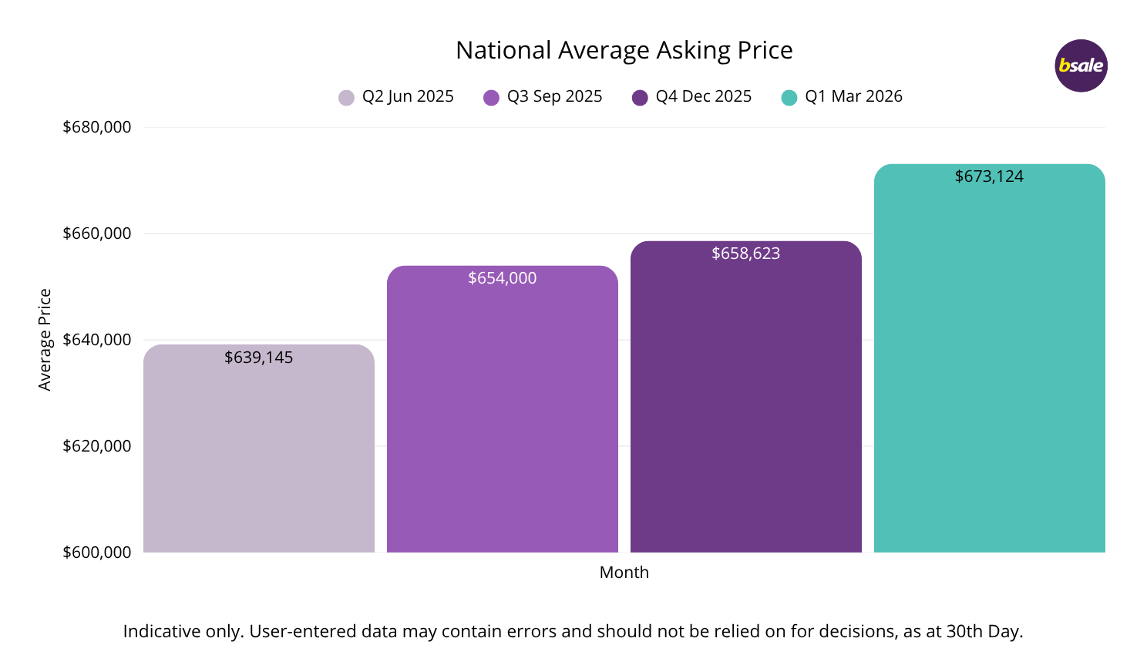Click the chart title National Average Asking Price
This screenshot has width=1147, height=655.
pos(624,50)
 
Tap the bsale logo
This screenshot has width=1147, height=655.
pos(1081,65)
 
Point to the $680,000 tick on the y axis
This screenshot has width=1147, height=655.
pos(97,127)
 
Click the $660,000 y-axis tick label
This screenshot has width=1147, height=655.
pos(97,233)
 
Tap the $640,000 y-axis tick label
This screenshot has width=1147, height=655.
pos(97,340)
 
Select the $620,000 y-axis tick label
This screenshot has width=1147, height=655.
pos(97,446)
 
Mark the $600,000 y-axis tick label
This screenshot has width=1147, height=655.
pos(97,553)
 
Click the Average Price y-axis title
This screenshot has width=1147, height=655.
pos(45,340)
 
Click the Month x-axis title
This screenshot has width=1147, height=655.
pos(624,573)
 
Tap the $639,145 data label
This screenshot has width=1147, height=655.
pos(258,358)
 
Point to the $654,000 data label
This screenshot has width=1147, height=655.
pos(502,278)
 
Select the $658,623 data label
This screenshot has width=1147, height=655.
pos(745,254)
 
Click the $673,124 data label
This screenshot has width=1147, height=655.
pos(989,176)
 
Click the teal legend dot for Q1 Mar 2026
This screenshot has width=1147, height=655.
pos(789,98)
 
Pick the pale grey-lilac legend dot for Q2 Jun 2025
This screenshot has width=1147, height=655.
pos(346,98)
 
